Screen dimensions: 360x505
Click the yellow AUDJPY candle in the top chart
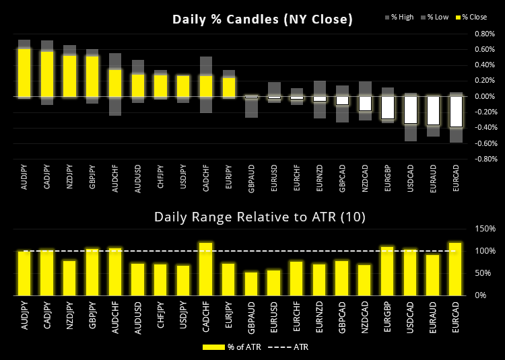click(24, 73)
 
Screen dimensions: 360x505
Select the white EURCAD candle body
click(457, 112)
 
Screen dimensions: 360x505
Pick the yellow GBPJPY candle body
click(92, 76)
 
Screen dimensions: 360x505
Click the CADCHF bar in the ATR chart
click(206, 268)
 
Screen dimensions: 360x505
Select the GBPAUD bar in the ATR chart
click(251, 283)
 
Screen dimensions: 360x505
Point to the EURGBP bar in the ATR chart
click(388, 271)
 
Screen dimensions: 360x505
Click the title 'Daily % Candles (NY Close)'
click(262, 20)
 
